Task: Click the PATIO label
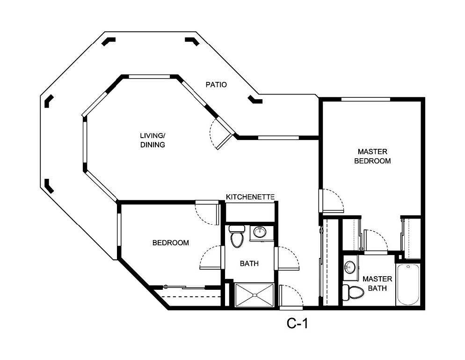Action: tap(216, 85)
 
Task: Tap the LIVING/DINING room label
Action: tap(153, 140)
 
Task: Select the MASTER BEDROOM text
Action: tap(372, 156)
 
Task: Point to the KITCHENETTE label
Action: tap(250, 197)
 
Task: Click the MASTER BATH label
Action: tap(377, 283)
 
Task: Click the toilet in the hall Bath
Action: tap(237, 236)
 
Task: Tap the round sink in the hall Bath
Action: tap(259, 232)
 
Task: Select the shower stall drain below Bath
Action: tap(254, 295)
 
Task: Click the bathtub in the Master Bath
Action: tap(408, 284)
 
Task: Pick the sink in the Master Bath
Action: tap(349, 267)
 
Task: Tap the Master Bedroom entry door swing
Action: tap(333, 200)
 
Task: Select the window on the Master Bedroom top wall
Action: tap(365, 99)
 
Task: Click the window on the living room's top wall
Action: tap(149, 76)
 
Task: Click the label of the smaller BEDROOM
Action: tap(171, 242)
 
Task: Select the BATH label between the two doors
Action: tap(249, 264)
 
